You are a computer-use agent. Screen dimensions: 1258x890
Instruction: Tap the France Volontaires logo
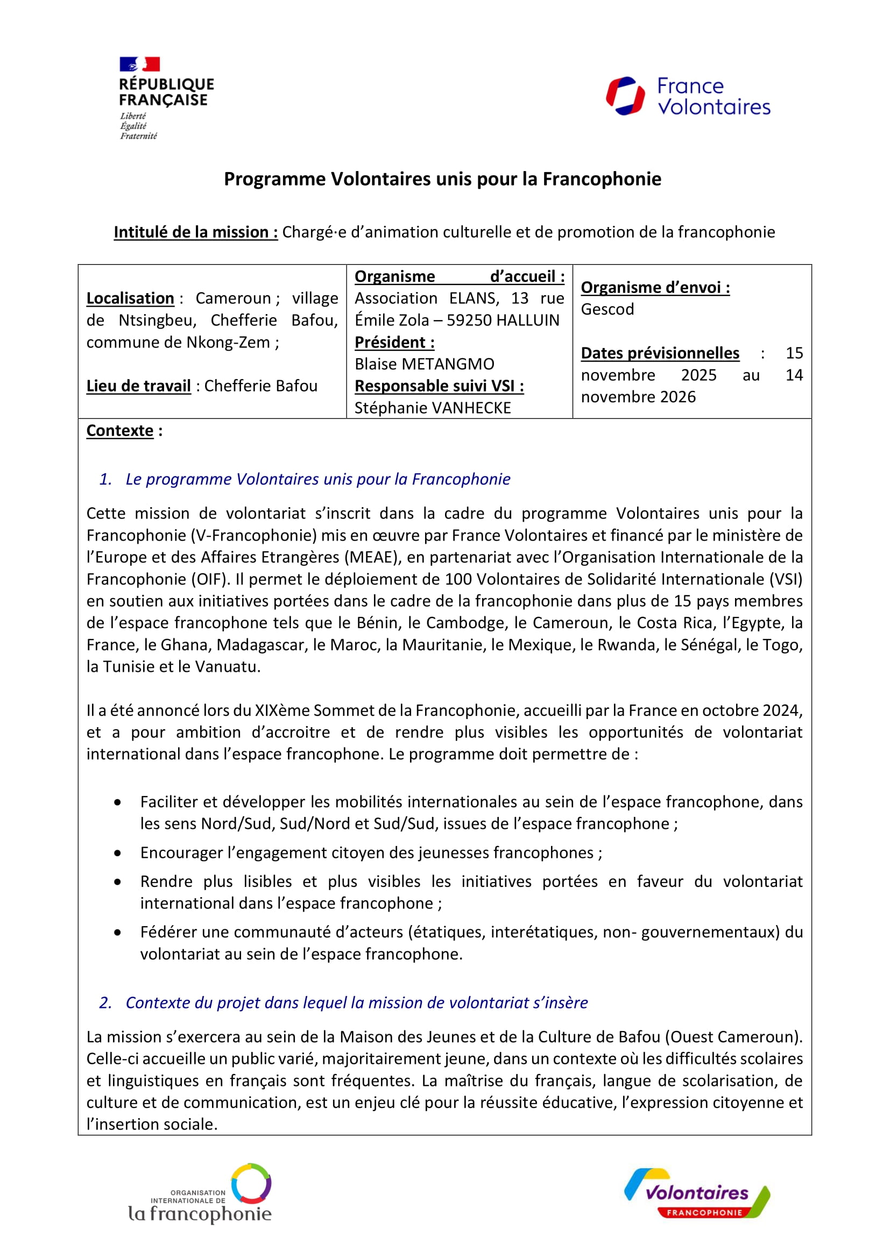coord(688,96)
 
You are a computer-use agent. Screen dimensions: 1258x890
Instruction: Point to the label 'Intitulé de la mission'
coord(196,232)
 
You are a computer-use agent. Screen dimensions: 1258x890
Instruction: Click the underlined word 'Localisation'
coord(130,298)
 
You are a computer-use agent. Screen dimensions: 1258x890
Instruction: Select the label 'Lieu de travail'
coord(139,386)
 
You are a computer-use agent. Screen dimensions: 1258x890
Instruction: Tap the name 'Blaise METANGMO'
coord(424,364)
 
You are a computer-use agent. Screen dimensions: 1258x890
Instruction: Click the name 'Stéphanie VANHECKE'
coord(433,408)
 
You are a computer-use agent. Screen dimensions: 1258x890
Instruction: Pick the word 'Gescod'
coord(607,310)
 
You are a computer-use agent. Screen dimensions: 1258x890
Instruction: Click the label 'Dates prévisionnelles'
coord(660,353)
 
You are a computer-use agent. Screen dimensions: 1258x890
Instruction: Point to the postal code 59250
coord(471,321)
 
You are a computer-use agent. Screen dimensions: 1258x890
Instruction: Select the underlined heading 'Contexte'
coord(120,431)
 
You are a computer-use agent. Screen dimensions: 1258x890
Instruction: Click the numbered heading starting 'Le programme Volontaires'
coord(318,479)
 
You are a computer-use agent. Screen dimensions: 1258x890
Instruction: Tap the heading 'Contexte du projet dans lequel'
coord(356,1003)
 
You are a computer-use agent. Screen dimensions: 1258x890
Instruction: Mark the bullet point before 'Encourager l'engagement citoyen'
coord(118,853)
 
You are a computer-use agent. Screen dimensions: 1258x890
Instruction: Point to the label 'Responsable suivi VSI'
coord(439,386)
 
